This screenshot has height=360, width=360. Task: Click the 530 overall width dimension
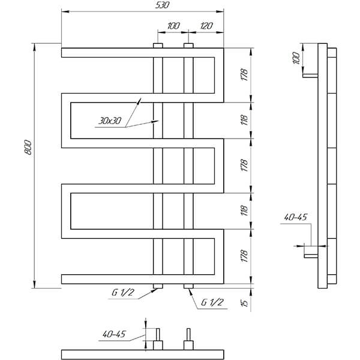pyautogui.click(x=162, y=5)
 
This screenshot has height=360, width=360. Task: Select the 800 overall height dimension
pyautogui.click(x=28, y=147)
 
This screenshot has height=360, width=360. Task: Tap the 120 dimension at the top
pyautogui.click(x=206, y=26)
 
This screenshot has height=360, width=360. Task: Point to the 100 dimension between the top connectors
pyautogui.click(x=173, y=26)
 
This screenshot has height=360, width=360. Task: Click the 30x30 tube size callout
pyautogui.click(x=110, y=121)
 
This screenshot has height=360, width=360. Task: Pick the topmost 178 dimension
pyautogui.click(x=244, y=74)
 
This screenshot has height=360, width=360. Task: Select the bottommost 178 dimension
pyautogui.click(x=244, y=256)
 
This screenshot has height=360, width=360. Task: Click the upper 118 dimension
pyautogui.click(x=244, y=120)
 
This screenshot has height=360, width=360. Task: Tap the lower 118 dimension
pyautogui.click(x=244, y=211)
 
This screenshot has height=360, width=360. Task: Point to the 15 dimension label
pyautogui.click(x=245, y=303)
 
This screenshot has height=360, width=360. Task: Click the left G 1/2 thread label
pyautogui.click(x=122, y=293)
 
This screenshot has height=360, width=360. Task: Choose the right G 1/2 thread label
pyautogui.click(x=212, y=302)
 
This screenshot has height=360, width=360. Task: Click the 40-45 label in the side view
pyautogui.click(x=295, y=217)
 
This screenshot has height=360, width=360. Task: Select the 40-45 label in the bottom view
pyautogui.click(x=114, y=334)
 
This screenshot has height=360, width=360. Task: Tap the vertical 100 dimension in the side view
pyautogui.click(x=296, y=58)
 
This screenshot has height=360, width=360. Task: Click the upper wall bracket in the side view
pyautogui.click(x=310, y=76)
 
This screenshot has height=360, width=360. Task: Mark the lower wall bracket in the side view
pyautogui.click(x=311, y=256)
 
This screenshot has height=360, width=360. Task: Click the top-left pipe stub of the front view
pyautogui.click(x=158, y=46)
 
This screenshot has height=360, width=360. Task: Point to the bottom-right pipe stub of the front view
pyautogui.click(x=188, y=286)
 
